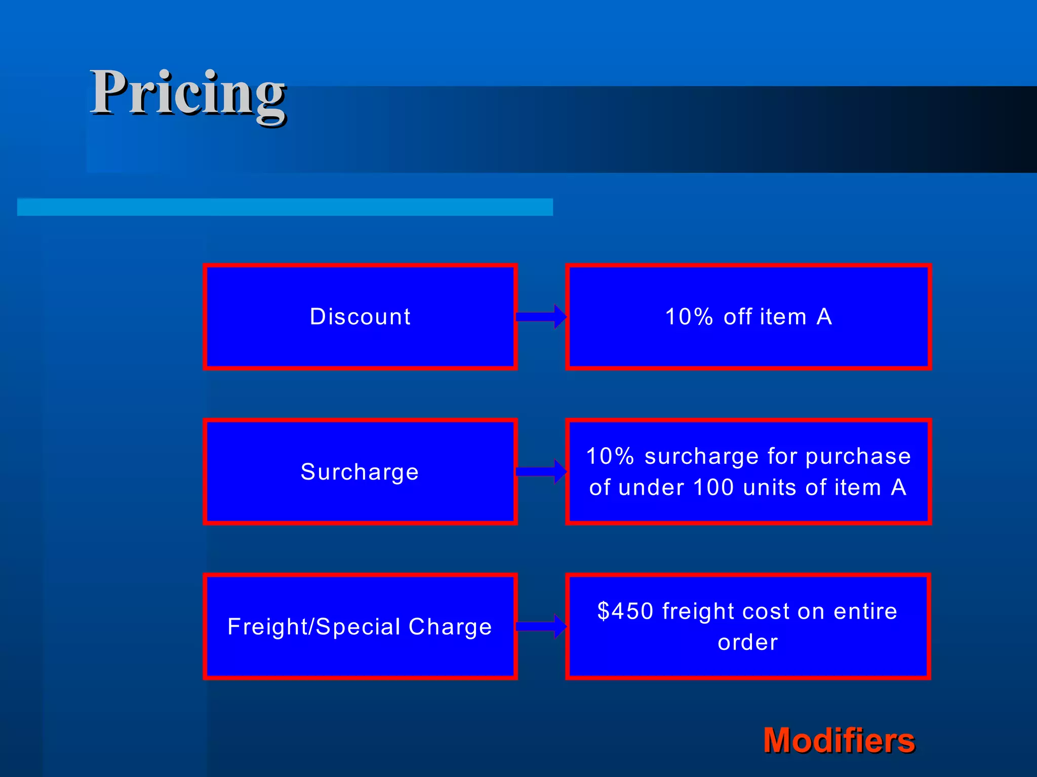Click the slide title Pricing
click(x=188, y=94)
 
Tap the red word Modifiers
click(x=839, y=741)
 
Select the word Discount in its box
click(x=360, y=317)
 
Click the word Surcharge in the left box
click(x=360, y=472)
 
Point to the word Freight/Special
click(x=314, y=627)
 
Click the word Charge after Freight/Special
click(x=450, y=627)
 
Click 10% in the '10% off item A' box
click(x=689, y=317)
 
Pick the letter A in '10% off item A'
click(x=824, y=317)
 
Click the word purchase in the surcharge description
click(x=858, y=456)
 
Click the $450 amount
click(x=625, y=611)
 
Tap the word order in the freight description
click(x=748, y=642)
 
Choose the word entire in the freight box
click(x=865, y=611)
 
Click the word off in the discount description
click(x=738, y=317)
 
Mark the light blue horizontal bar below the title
click(x=285, y=207)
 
